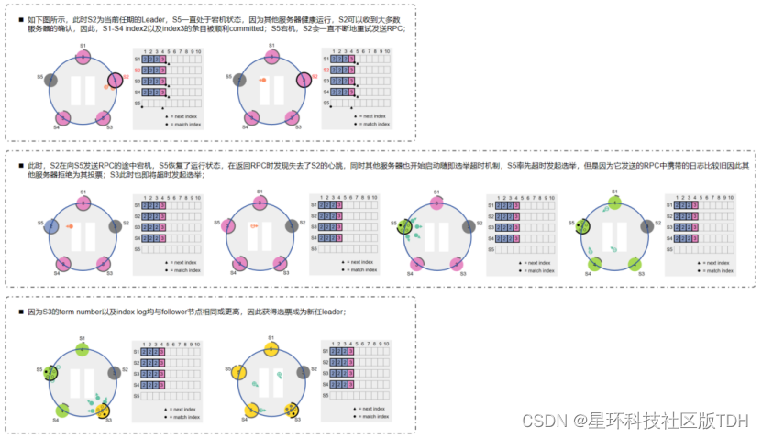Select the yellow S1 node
coord(271,349)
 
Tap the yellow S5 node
coord(237,372)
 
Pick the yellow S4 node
coord(251,409)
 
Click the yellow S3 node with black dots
coord(293,409)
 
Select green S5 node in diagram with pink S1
coord(405,224)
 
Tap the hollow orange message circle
coord(254,224)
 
